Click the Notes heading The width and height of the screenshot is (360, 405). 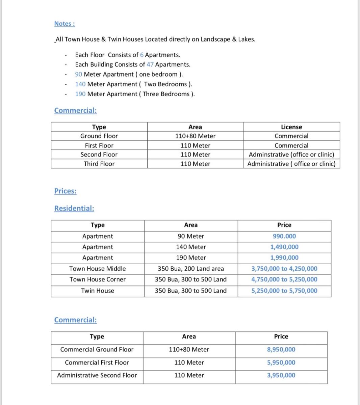pyautogui.click(x=64, y=24)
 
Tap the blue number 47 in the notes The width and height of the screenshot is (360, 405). pyautogui.click(x=150, y=64)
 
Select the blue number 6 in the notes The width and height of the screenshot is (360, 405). pyautogui.click(x=142, y=55)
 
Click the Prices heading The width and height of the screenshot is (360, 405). pyautogui.click(x=65, y=191)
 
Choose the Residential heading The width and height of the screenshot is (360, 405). pyautogui.click(x=74, y=208)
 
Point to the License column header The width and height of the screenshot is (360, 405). pyautogui.click(x=291, y=127)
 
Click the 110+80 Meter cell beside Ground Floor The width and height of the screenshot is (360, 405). pyautogui.click(x=195, y=136)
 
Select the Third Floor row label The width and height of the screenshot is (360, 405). pyautogui.click(x=99, y=164)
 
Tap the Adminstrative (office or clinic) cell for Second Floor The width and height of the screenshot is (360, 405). pyautogui.click(x=291, y=155)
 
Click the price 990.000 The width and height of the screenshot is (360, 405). pyautogui.click(x=284, y=236)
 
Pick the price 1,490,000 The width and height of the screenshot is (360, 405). pyautogui.click(x=284, y=247)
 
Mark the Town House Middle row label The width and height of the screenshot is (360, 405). pyautogui.click(x=97, y=269)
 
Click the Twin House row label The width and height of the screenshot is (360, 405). pyautogui.click(x=97, y=291)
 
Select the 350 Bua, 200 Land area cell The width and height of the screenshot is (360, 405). pyautogui.click(x=191, y=269)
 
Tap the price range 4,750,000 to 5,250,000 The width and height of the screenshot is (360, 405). pyautogui.click(x=284, y=279)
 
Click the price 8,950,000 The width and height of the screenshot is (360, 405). pyautogui.click(x=281, y=350)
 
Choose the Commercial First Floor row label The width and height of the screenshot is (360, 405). pyautogui.click(x=97, y=362)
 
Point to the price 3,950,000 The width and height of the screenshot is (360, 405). pyautogui.click(x=281, y=375)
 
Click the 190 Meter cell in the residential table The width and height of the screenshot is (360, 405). pyautogui.click(x=191, y=258)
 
